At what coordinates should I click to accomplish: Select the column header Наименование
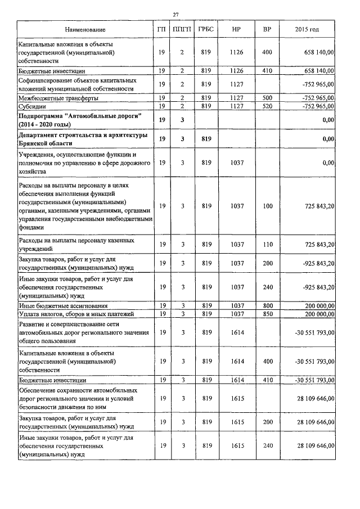[85, 29]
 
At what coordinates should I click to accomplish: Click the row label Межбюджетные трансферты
[58, 98]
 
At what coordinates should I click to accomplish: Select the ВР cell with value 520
[267, 106]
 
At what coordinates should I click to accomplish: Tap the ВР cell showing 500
[267, 98]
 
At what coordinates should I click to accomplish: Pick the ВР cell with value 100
[267, 206]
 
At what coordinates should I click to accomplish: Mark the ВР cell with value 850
[267, 313]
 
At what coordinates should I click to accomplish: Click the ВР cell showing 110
[267, 244]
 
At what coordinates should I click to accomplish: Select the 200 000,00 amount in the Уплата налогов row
[316, 313]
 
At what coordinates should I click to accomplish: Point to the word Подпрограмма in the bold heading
[43, 115]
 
